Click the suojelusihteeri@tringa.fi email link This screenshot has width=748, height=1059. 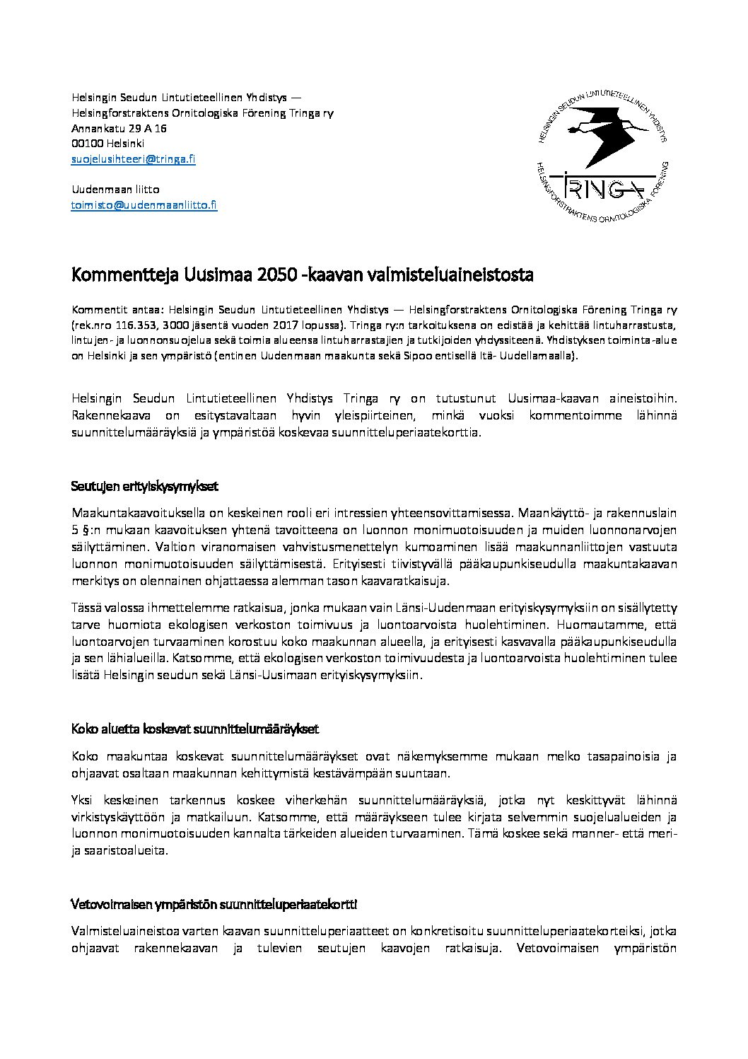tap(134, 159)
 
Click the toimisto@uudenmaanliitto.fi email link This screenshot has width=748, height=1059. tap(144, 205)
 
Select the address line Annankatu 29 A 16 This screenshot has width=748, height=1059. tap(119, 129)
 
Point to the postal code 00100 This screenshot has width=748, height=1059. tap(86, 144)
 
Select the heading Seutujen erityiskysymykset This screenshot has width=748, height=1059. tap(144, 487)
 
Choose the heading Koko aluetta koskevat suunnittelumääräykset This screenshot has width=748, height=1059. tap(194, 729)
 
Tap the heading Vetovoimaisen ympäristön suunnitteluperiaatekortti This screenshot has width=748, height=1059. tap(214, 905)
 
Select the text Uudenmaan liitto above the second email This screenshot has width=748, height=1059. tap(115, 190)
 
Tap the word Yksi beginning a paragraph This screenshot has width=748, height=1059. tap(83, 800)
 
